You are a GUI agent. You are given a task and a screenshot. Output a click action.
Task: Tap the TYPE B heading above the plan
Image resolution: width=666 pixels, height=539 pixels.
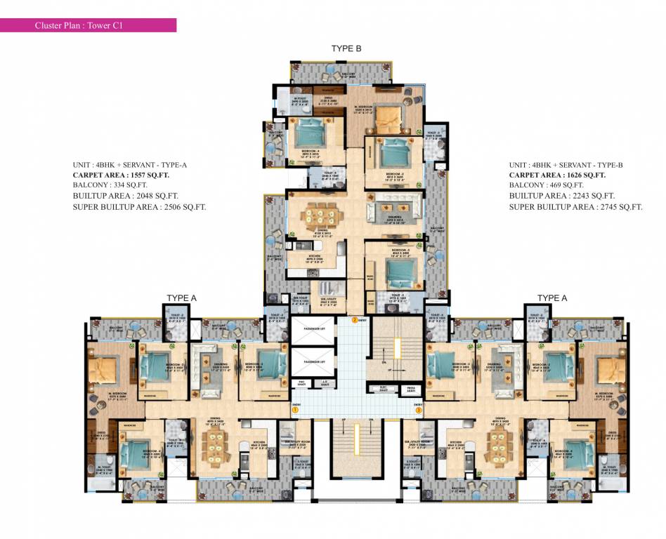pyautogui.click(x=346, y=48)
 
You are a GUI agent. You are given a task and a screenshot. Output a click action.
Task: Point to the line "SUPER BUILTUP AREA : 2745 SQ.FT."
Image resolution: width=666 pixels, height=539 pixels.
pyautogui.click(x=576, y=207)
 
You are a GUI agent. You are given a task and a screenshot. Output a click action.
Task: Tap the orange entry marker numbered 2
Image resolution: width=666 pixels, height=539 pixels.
pyautogui.click(x=355, y=321)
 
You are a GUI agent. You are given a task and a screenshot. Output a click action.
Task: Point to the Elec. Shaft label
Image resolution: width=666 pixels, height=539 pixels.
pyautogui.click(x=384, y=387)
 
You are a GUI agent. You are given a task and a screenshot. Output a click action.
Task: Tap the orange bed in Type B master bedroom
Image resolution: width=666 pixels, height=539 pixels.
pyautogui.click(x=386, y=119)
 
